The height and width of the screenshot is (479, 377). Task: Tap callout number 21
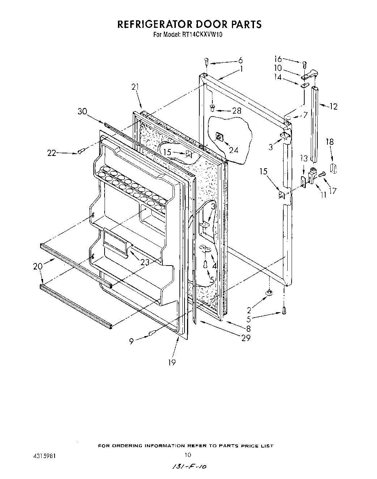pos(135,87)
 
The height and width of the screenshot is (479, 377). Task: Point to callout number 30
pos(82,112)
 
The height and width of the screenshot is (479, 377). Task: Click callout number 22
pos(52,153)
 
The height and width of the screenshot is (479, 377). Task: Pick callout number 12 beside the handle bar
pos(333,106)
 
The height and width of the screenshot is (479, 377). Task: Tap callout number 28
pos(237,111)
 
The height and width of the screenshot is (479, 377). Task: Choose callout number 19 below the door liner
pos(171,362)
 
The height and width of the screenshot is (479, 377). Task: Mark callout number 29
pos(246,338)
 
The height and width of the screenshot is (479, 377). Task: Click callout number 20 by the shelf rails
pos(38,267)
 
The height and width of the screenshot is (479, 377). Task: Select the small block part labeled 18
pos(334,168)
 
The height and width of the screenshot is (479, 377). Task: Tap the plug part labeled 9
pos(152,333)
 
